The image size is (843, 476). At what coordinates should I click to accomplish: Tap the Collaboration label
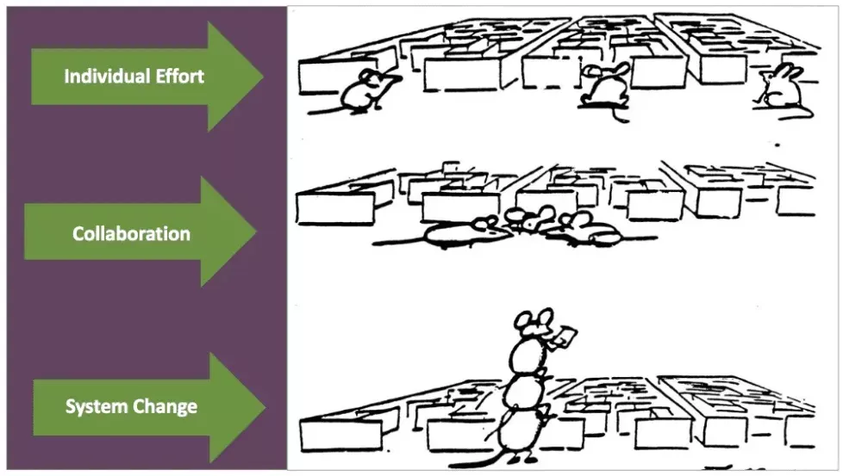point(131,233)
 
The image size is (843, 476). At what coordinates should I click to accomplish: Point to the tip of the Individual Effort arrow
point(264,77)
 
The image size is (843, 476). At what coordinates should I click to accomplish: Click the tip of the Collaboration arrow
point(257,232)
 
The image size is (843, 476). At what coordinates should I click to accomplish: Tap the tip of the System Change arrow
point(265,407)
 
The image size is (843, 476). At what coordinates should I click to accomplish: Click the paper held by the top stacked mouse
point(566,337)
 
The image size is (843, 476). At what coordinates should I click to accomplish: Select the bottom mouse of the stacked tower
point(521,432)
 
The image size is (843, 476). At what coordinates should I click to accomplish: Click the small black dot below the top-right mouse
point(777,145)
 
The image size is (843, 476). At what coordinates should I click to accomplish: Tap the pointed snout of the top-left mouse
point(399,78)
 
